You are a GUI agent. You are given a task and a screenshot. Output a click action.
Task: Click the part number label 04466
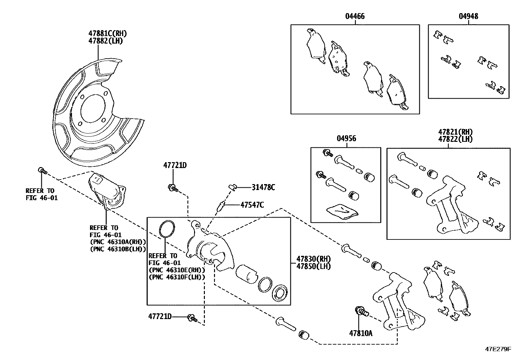pos(355,16)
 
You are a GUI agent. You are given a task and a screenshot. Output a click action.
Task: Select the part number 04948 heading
pos(468,16)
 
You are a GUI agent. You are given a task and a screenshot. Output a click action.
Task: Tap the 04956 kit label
pos(346,139)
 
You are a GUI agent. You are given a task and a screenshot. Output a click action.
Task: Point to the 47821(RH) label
pos(456,132)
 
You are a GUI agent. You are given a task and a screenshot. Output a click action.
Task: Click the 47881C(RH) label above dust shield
pos(107,33)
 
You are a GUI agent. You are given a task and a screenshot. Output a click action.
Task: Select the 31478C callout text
pos(263,187)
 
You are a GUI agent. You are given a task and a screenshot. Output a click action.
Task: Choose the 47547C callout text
pos(252,205)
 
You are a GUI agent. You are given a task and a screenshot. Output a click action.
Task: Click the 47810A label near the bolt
pos(361,333)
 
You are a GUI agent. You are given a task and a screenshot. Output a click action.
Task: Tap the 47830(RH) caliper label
pos(314,258)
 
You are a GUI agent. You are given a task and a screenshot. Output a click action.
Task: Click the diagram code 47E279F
pos(497,350)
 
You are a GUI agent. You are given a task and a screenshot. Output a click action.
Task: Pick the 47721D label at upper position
pos(175,165)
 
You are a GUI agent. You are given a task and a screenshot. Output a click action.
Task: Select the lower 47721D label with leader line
pos(160,316)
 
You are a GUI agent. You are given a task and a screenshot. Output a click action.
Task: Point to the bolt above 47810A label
pos(361,311)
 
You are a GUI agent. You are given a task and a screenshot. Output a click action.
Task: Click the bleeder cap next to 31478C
pos(233,187)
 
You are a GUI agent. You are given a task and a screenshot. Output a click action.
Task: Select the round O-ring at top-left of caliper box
pos(167,229)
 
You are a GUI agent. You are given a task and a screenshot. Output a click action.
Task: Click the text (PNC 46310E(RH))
pos(177,270)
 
